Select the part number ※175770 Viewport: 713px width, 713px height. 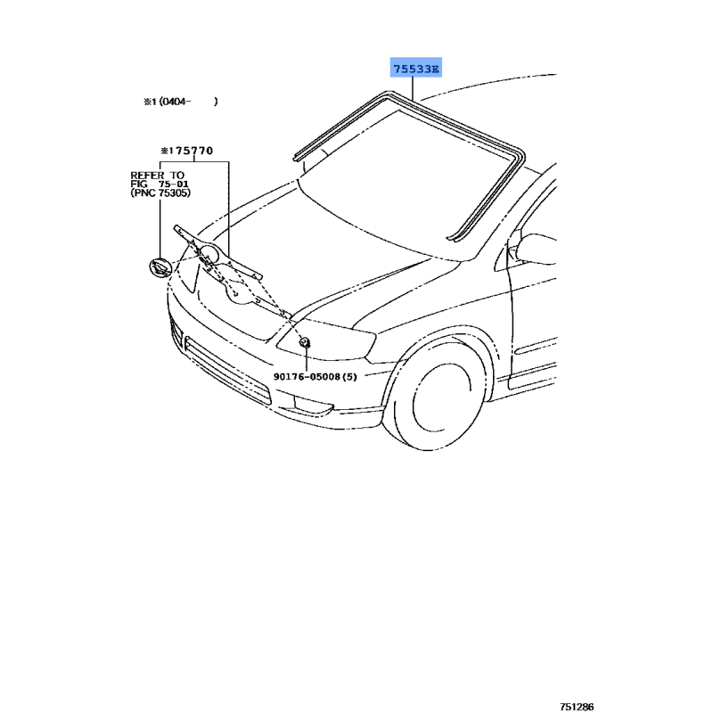point(186,152)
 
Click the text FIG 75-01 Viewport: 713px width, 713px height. point(160,184)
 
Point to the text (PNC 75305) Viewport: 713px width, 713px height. point(160,193)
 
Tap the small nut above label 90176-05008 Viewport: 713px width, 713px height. point(304,342)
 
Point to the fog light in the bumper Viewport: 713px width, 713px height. point(317,407)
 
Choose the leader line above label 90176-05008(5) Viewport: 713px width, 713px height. point(304,358)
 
